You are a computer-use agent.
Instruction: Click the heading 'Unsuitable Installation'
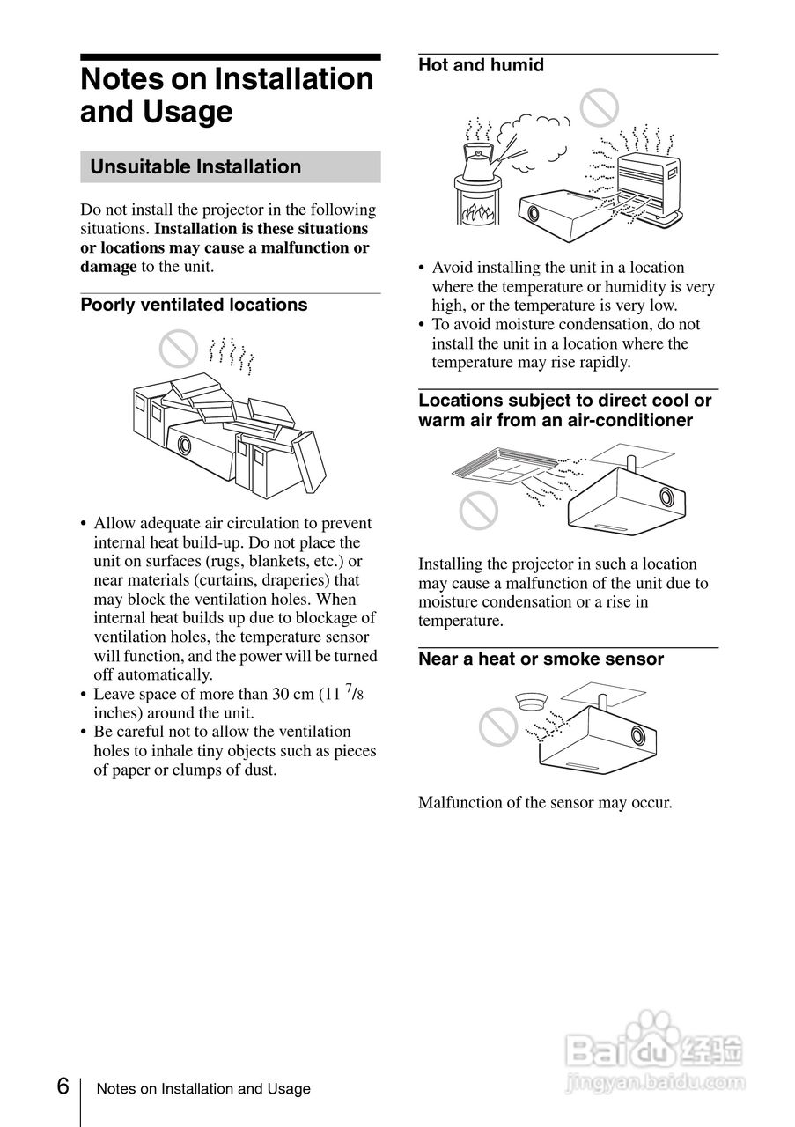(x=195, y=167)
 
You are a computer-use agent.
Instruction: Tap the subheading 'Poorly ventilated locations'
(x=194, y=305)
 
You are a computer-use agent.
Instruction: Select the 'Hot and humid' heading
(x=481, y=65)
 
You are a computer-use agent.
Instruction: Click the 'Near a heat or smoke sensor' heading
(x=541, y=659)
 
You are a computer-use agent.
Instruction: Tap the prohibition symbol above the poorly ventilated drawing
(x=176, y=349)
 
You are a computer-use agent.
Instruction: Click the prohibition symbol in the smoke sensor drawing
(x=497, y=726)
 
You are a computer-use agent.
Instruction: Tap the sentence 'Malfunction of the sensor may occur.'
(x=545, y=803)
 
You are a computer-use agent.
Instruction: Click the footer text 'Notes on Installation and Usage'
(x=203, y=1089)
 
